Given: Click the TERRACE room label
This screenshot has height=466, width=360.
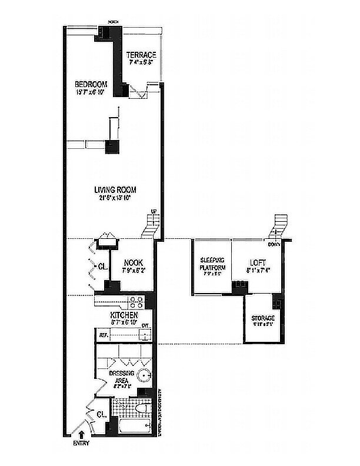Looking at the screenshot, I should [x=141, y=55].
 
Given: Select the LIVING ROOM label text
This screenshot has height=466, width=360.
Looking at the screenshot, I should [x=115, y=189].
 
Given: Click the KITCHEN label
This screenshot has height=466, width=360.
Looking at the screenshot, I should [x=124, y=316].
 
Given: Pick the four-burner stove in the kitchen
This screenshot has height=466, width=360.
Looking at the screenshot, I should [x=136, y=302].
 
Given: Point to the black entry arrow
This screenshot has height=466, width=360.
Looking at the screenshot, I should [x=81, y=436].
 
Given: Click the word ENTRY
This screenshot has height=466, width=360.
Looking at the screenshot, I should [x=81, y=444].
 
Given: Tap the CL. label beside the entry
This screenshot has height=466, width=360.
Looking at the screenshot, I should [x=101, y=415].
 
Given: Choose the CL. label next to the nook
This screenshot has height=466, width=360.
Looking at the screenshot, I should [x=102, y=266].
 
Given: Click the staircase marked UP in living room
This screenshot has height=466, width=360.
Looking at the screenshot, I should [x=153, y=224].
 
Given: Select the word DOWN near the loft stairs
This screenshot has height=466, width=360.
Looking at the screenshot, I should [x=273, y=244].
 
